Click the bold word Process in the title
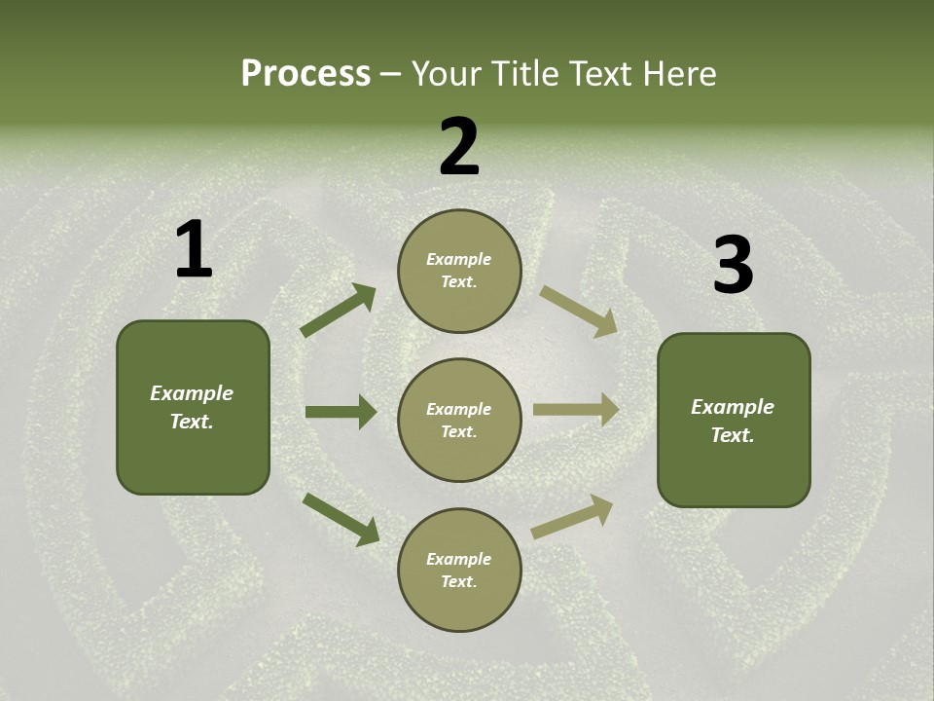click(x=305, y=74)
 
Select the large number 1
click(x=194, y=250)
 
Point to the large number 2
click(x=459, y=147)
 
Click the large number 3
click(x=733, y=266)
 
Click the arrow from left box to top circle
click(x=339, y=311)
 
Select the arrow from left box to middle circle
click(x=341, y=412)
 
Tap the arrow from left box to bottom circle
click(x=341, y=519)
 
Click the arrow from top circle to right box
click(x=578, y=311)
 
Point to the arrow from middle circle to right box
click(x=576, y=410)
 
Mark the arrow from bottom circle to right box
click(x=572, y=517)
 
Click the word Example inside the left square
click(x=192, y=393)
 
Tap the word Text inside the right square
click(x=732, y=435)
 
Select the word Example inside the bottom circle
click(x=458, y=559)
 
